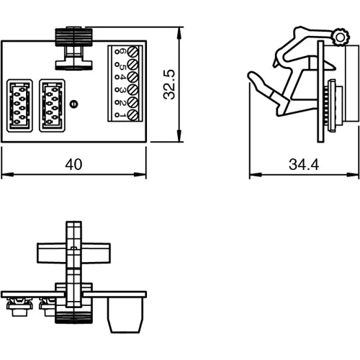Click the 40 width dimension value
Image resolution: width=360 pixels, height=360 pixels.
click(73, 165)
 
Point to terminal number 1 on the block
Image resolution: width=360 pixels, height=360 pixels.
click(122, 114)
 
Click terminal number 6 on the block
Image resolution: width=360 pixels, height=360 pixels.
click(122, 53)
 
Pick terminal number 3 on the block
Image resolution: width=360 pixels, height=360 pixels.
click(122, 90)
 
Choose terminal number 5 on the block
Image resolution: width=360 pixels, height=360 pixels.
click(122, 65)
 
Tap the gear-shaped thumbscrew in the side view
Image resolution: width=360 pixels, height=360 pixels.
click(338, 37)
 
